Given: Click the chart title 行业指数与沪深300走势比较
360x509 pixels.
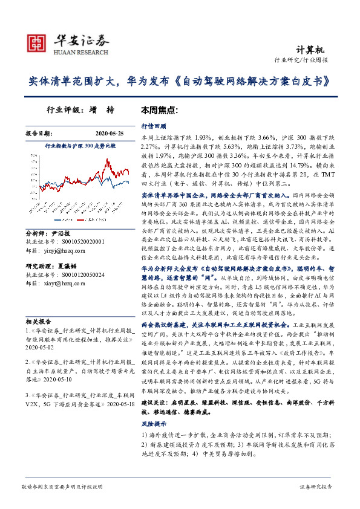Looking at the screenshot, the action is [80, 146].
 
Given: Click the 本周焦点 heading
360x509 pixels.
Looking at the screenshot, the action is [159, 111].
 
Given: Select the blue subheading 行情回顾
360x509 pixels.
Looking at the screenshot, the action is [153, 128].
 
